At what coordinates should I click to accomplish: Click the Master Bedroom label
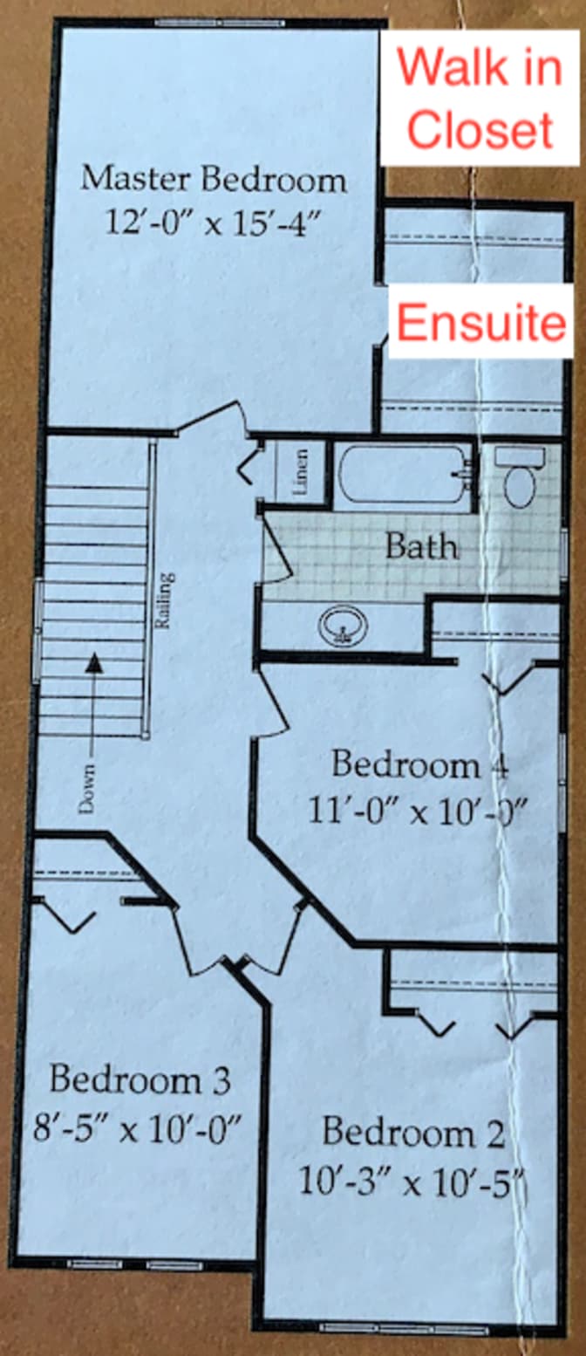(214, 180)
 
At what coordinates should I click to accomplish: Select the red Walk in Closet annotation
(480, 98)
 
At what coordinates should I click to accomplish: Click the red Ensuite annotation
(480, 323)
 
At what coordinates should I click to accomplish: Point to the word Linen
(301, 473)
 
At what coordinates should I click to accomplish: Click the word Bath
(421, 547)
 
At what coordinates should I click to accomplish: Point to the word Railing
(163, 600)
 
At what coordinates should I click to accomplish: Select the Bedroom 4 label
(419, 765)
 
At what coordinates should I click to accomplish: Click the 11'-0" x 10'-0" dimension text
(419, 811)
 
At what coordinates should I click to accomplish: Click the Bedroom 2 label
(413, 1133)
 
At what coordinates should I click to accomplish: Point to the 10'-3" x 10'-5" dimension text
(413, 1181)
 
